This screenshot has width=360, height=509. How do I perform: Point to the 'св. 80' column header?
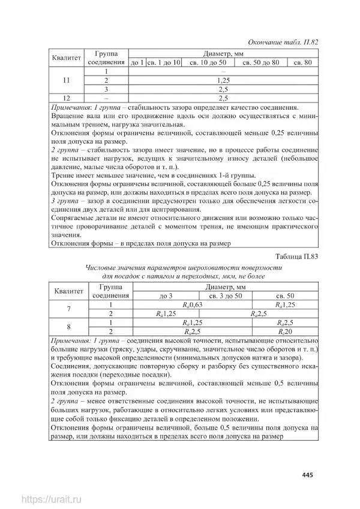point(299,62)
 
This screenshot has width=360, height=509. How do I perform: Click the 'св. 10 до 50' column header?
point(208,62)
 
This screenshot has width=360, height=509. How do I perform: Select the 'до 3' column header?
point(166,296)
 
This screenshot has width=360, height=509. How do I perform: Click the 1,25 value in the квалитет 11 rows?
point(223,80)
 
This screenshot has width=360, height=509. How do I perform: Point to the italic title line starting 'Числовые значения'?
point(183,267)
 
